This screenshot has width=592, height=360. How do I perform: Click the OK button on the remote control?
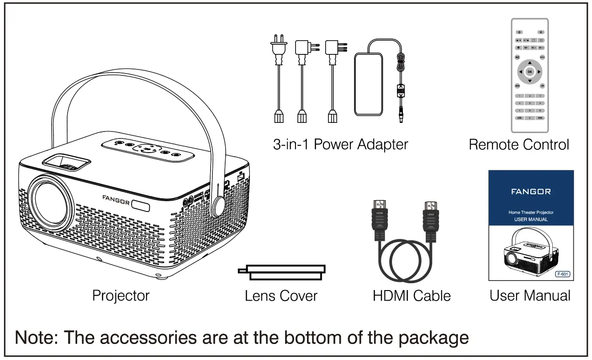529,72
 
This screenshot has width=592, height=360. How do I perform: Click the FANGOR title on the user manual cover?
531,191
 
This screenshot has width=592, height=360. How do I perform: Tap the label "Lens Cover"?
281,296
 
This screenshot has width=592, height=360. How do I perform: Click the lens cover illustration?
282,272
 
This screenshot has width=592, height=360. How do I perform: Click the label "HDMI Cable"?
412,296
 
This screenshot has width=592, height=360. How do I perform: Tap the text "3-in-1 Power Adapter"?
340,144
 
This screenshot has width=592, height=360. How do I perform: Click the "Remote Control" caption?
519,144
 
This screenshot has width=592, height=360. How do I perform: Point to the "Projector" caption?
121,296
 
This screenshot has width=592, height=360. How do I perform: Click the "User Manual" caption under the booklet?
530,296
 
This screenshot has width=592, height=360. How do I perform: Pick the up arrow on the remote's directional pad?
529,62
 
